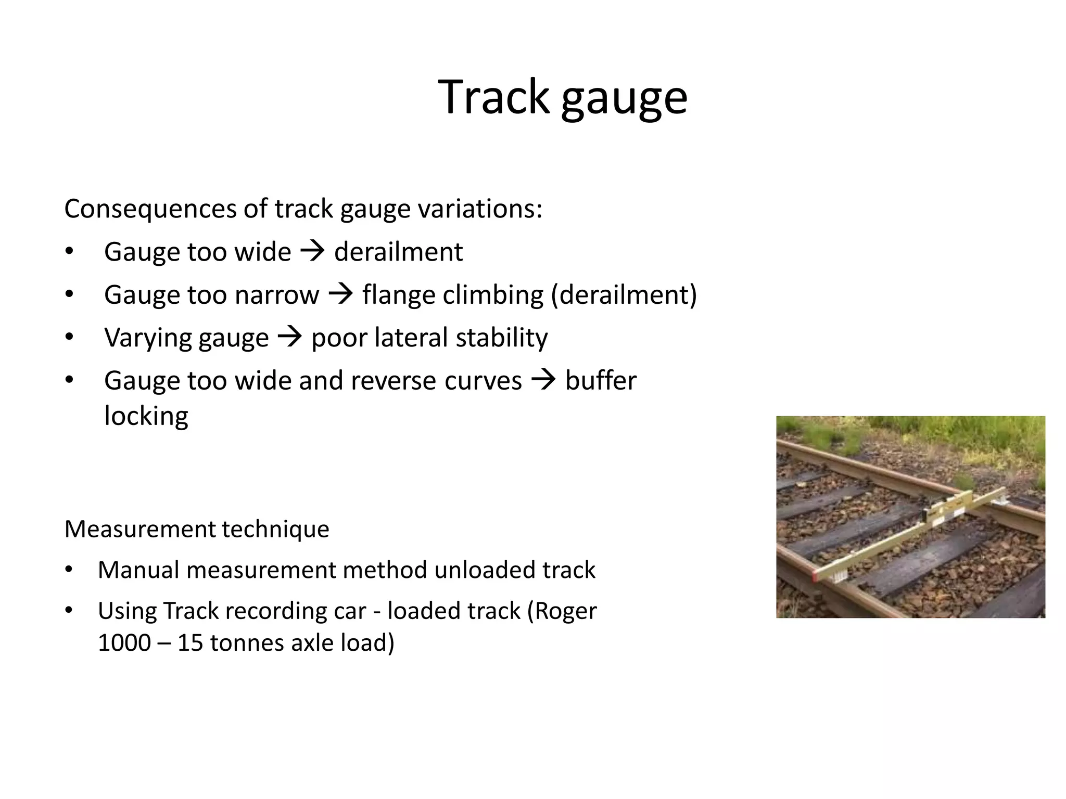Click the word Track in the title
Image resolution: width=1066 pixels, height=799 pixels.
(x=493, y=97)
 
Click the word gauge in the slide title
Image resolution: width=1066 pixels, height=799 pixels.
(x=624, y=99)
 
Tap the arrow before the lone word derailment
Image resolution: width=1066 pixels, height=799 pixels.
(x=312, y=252)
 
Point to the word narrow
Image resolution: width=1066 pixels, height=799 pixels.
(x=276, y=295)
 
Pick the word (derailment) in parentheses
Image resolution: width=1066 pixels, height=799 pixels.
(x=624, y=295)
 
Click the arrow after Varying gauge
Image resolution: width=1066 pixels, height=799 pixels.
(x=290, y=338)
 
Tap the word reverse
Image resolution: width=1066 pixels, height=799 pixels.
(x=394, y=380)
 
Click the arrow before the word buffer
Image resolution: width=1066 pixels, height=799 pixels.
(x=543, y=380)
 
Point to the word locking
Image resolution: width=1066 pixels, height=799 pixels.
(x=146, y=416)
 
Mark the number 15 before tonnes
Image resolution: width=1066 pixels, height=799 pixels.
(x=191, y=643)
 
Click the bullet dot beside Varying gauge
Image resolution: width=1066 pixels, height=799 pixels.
(x=70, y=338)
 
